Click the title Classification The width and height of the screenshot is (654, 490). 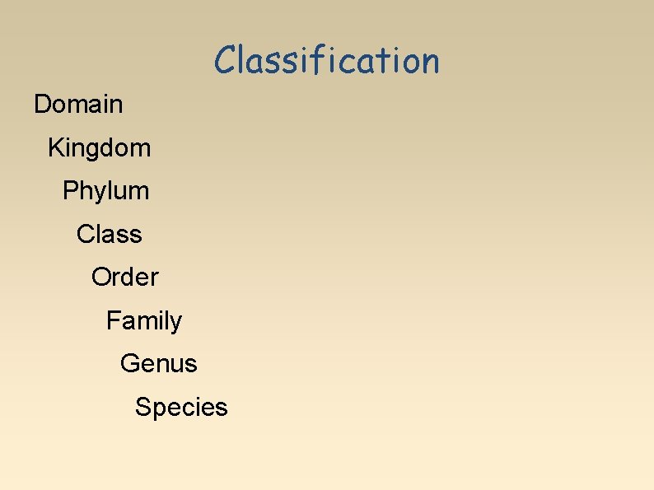[327, 60]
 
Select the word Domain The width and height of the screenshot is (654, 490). [78, 105]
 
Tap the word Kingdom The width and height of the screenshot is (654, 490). [100, 148]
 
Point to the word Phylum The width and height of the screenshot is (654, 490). [106, 191]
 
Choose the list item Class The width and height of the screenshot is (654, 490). [110, 235]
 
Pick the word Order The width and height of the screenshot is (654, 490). [125, 278]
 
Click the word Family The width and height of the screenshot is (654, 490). [144, 320]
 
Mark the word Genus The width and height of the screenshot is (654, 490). [159, 363]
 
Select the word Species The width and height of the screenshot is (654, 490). [181, 407]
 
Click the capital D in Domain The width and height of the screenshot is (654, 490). [42, 105]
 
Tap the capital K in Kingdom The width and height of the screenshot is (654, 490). [56, 148]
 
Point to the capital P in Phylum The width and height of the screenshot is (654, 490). [70, 191]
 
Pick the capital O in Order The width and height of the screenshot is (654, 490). [100, 278]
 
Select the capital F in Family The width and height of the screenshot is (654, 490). [113, 320]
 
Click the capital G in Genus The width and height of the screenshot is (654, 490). [129, 363]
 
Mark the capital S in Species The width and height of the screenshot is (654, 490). [143, 407]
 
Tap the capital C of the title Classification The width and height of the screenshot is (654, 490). [225, 60]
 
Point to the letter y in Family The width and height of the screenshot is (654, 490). [176, 323]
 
